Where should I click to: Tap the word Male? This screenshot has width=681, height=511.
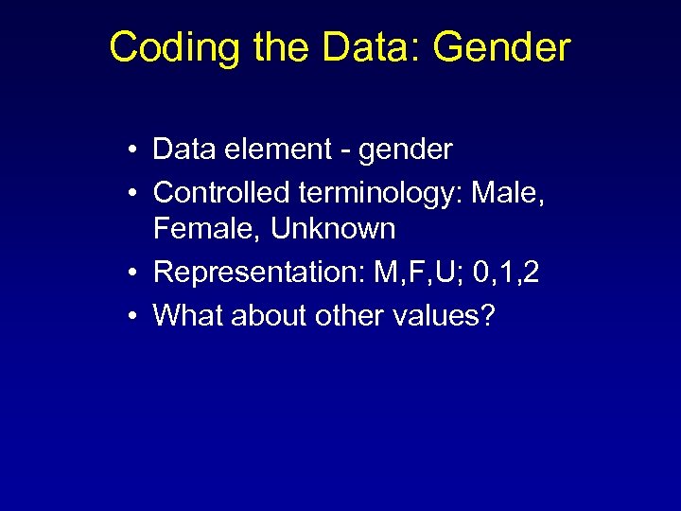[512, 193]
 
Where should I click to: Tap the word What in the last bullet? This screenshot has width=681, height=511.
[185, 315]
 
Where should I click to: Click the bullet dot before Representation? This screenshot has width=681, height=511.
[137, 273]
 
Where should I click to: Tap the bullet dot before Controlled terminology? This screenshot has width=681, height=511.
[137, 193]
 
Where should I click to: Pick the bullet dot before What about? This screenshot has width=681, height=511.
[137, 316]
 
